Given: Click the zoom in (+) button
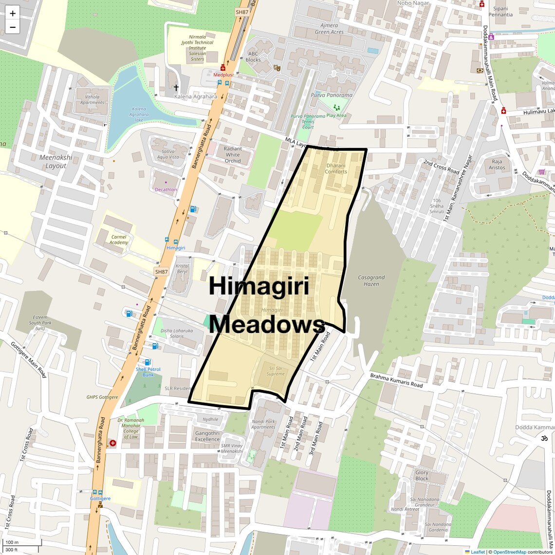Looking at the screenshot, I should click(x=13, y=13).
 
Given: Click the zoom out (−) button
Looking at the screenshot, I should click(x=13, y=27).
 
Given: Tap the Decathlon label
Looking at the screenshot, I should click(x=166, y=189).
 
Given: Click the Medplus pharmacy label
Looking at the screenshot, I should click(x=223, y=75).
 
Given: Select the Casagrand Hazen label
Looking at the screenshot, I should click(x=371, y=281).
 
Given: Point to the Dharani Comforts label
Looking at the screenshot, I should click(x=336, y=168).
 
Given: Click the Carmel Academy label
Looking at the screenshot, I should click(x=119, y=240).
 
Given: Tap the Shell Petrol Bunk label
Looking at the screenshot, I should click(x=148, y=372).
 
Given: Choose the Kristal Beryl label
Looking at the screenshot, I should click(x=183, y=269).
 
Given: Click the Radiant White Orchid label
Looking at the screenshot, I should click(x=233, y=155).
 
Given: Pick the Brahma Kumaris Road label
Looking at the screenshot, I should click(x=396, y=381).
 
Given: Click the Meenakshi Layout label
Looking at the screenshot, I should click(x=56, y=162).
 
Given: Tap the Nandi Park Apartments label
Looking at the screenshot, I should click(x=263, y=425).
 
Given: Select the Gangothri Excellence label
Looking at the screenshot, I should click(x=207, y=436).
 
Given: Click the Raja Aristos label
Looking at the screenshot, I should click(x=497, y=165).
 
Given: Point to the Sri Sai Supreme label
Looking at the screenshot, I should click(x=276, y=371).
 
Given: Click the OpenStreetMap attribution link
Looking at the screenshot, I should click(x=510, y=552).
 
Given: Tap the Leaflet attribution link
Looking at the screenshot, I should click(x=477, y=552).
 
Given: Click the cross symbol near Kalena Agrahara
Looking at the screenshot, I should click(x=176, y=88).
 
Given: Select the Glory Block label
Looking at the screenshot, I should click(x=422, y=475).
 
